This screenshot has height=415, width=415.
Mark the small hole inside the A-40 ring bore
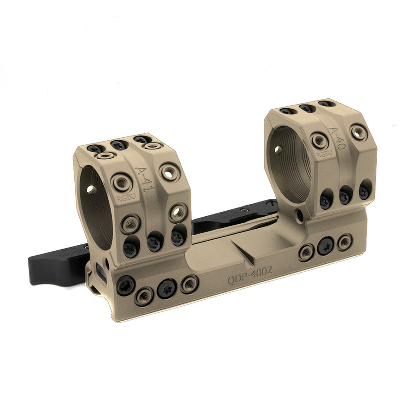[278, 149]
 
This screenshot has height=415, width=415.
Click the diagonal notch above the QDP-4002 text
[249, 254]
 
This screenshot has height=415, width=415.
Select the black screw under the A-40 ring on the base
[326, 245]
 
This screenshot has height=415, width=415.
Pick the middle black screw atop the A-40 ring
[306, 108]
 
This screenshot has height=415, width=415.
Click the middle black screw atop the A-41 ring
[119, 145]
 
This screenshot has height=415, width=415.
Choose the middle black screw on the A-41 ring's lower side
[154, 242]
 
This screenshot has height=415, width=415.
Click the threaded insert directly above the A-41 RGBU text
[122, 182]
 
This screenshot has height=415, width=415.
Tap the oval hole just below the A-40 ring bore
[300, 215]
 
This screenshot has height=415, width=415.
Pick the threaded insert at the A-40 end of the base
[344, 242]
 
